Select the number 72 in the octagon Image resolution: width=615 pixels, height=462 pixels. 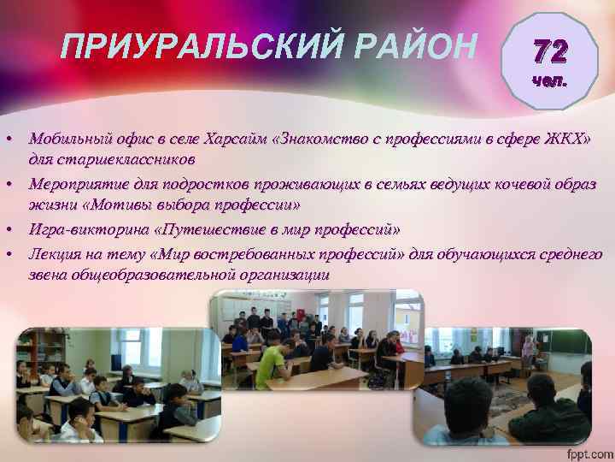click(548, 53)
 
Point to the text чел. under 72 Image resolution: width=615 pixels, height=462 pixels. click(548, 82)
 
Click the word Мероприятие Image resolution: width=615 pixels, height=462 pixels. click(79, 184)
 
